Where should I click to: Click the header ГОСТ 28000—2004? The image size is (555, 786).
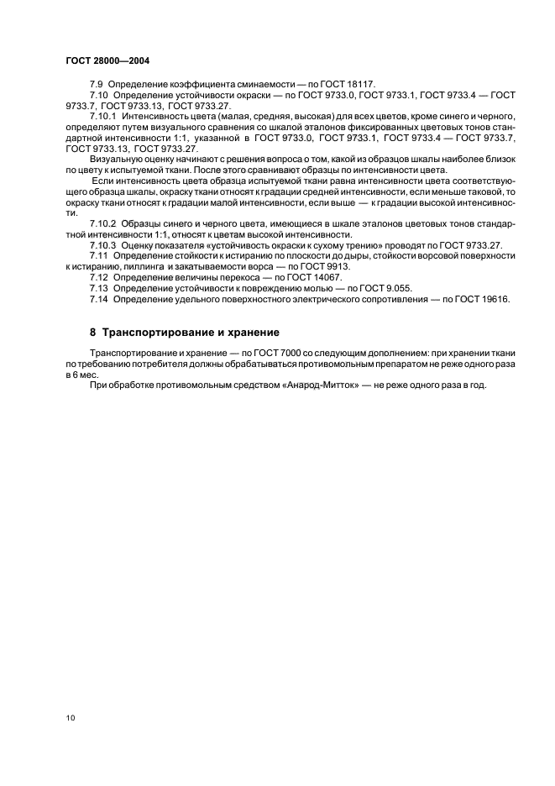[107, 60]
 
